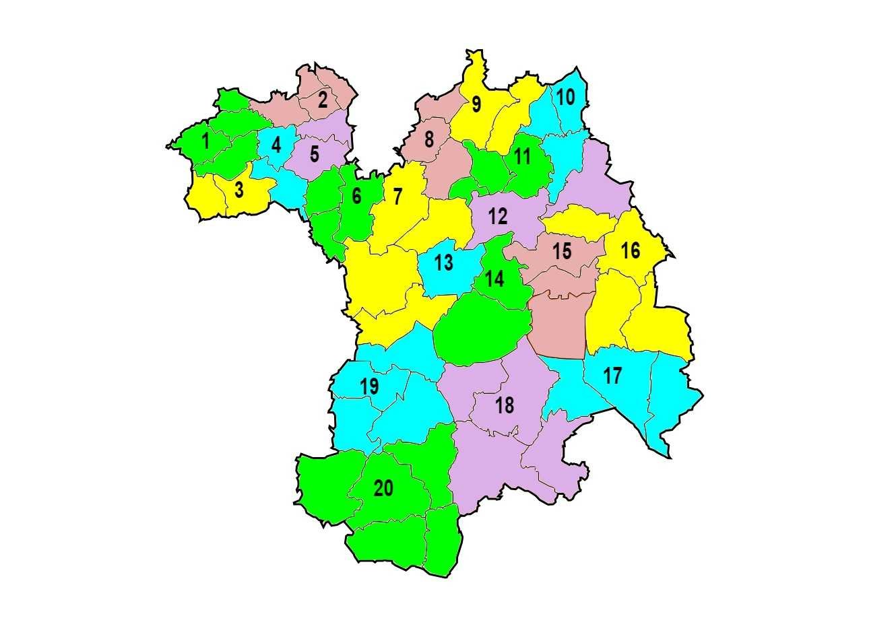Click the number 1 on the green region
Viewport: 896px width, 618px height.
[205, 142]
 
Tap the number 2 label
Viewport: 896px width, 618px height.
[323, 100]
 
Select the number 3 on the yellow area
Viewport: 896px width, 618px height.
[239, 191]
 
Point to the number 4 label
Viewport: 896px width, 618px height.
[276, 145]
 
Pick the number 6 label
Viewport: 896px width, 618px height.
[356, 197]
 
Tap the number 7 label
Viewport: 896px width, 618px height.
[397, 197]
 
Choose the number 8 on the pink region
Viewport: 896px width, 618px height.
[428, 141]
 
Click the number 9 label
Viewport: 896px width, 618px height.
[476, 105]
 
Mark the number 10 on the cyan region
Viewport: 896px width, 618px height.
[566, 98]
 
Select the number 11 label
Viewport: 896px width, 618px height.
[522, 158]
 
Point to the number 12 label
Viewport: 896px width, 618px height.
[498, 217]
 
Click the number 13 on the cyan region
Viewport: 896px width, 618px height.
[443, 263]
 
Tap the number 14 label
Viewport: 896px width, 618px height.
[494, 279]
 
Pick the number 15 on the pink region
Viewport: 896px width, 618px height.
[562, 252]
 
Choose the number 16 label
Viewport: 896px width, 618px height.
[630, 251]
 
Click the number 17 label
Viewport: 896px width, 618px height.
[612, 376]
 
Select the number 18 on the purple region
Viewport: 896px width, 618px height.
[504, 406]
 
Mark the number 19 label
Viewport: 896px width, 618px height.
[369, 387]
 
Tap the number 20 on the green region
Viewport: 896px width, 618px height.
[383, 489]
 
